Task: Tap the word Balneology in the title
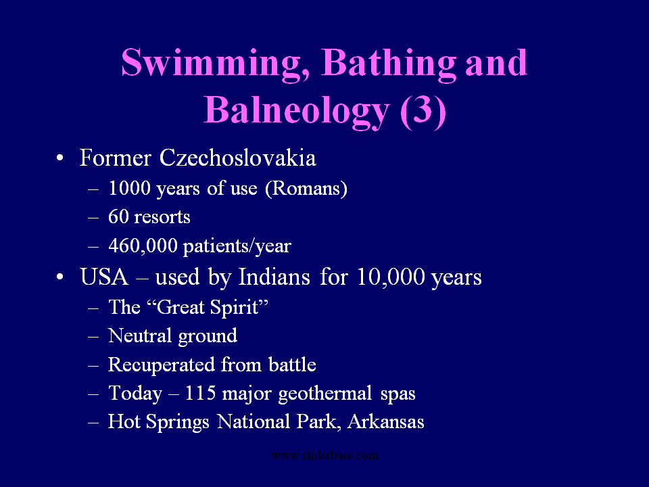[296, 110]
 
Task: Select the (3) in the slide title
[423, 110]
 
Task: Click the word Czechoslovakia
[238, 158]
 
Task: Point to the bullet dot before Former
[60, 158]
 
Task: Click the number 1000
[129, 188]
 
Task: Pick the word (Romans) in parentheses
[306, 189]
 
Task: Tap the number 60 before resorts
[118, 217]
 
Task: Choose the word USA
[104, 277]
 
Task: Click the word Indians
[274, 277]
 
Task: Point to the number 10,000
[391, 277]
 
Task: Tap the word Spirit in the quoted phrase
[239, 308]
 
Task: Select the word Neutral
[140, 335]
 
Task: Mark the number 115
[200, 393]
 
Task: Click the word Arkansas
[386, 421]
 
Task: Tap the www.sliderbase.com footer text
[324, 455]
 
